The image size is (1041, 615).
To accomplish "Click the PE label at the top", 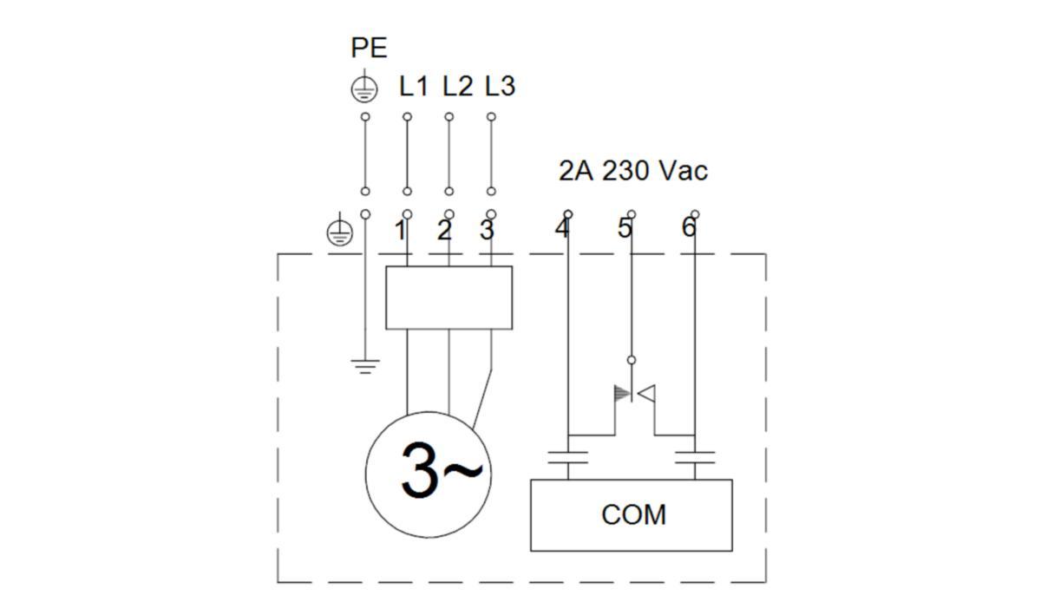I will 369,48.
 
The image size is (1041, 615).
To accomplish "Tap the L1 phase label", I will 414,87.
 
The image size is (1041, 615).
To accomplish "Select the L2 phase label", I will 457,87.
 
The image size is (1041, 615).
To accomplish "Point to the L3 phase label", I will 500,87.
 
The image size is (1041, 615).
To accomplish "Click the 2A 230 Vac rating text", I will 632,171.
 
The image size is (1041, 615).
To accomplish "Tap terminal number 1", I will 400,231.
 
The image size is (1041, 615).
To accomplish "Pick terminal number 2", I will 444,231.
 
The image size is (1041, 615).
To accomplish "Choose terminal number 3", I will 487,231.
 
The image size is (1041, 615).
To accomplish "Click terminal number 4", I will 562,229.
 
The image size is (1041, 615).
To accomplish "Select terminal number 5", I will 625,229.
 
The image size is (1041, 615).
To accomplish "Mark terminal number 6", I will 688,229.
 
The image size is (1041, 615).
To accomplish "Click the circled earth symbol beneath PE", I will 364,88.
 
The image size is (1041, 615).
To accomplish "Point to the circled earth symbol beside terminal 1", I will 339,232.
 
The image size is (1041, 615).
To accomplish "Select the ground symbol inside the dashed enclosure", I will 365,364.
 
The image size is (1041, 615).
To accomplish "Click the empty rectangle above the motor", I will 448,298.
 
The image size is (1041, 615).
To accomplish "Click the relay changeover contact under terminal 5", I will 633,395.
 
